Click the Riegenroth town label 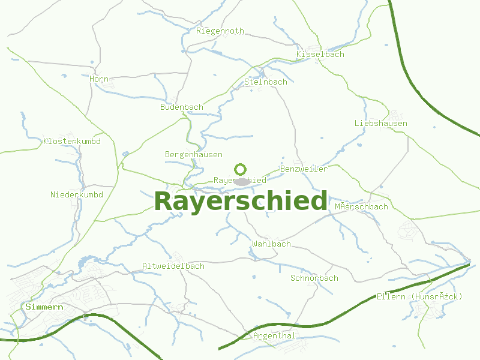point(220,31)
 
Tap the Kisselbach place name point(320,55)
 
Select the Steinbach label point(266,82)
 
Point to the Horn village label point(99,79)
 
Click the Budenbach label point(182,107)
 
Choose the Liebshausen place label point(381,124)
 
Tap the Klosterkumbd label point(72,142)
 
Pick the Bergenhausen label point(194,155)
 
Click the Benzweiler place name point(304,169)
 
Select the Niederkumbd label point(77,195)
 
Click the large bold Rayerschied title point(241,202)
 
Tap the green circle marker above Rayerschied point(241,169)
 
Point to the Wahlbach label point(272,244)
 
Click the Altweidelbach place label point(173,266)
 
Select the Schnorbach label point(314,278)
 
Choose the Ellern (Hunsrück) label point(420,296)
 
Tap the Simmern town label point(44,307)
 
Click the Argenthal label point(274,336)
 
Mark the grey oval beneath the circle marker point(242,181)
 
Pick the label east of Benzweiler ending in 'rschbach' point(362,207)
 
